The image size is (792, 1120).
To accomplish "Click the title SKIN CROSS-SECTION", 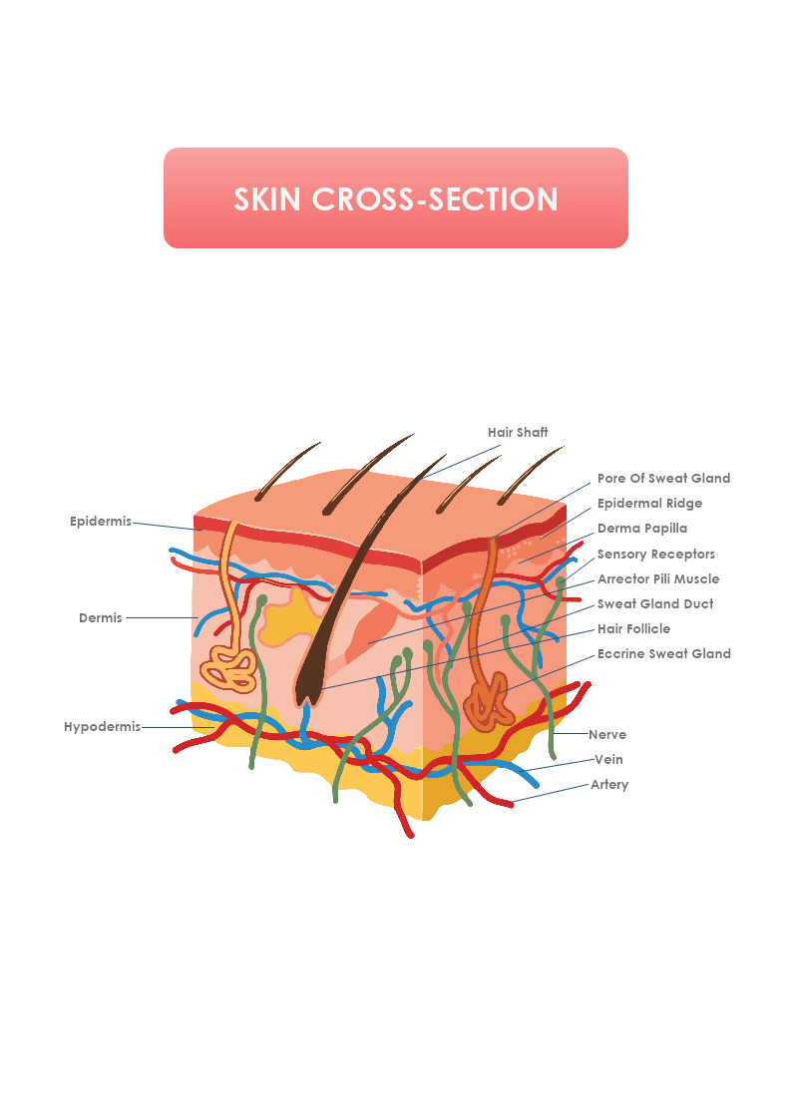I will (x=396, y=198).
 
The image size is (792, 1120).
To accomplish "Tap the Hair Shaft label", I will (x=518, y=433).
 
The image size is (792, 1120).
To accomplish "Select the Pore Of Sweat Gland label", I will (x=663, y=479).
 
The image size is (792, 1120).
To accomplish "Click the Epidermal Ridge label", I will (x=649, y=504).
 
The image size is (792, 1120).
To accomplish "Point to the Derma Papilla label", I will (x=642, y=529).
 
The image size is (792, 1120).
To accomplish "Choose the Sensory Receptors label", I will (x=655, y=555).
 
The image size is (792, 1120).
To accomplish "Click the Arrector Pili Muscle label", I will (x=657, y=579).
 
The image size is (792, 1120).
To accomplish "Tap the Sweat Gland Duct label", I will (x=654, y=604).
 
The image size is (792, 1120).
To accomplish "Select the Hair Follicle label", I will (x=633, y=629).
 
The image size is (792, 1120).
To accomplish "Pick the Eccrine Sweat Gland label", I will (x=663, y=654).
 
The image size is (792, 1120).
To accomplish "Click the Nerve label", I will (x=607, y=735).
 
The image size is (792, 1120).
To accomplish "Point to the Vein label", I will (x=608, y=760).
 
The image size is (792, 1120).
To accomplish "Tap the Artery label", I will (x=609, y=785).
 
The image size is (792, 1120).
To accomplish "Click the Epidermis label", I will (x=100, y=522).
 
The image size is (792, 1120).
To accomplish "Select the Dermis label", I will (x=100, y=618).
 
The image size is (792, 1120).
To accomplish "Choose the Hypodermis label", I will (x=102, y=727).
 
